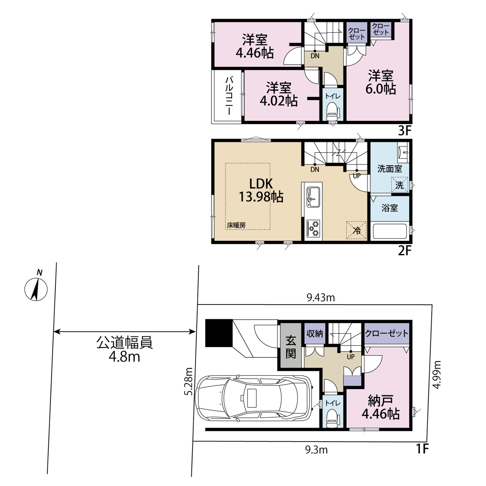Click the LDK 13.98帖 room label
(x=261, y=190)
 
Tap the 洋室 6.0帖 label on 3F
(x=380, y=82)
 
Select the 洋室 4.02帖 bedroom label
(x=279, y=94)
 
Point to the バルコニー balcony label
(x=229, y=96)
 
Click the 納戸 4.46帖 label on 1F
(x=380, y=407)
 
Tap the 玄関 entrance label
(x=290, y=347)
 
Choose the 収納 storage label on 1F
(x=314, y=334)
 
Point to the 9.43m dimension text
(x=320, y=298)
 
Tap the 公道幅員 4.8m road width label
(x=124, y=350)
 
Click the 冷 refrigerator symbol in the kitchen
(x=357, y=230)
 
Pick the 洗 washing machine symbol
(x=399, y=185)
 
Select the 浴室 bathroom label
(x=390, y=208)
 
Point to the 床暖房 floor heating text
(x=236, y=226)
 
